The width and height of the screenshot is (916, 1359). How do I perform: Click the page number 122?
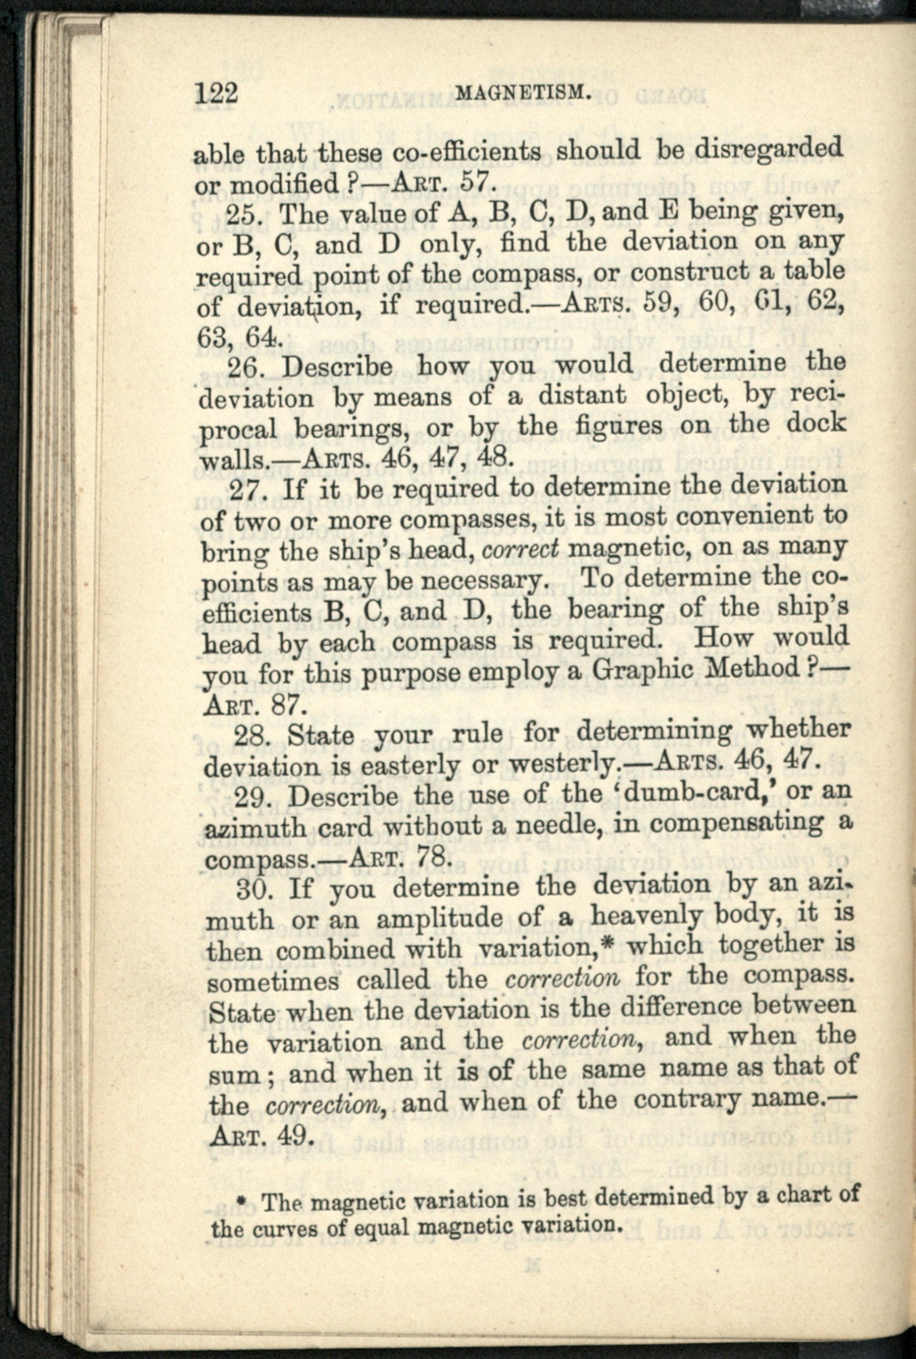point(217,94)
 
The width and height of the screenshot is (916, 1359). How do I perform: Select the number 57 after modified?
point(474,183)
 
